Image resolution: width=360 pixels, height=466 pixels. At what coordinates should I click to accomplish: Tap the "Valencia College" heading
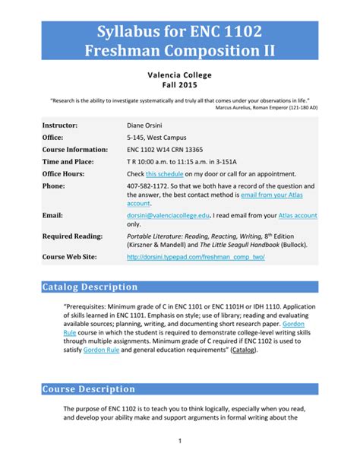click(179, 75)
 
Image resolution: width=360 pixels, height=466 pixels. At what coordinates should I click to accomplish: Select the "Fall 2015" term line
click(179, 86)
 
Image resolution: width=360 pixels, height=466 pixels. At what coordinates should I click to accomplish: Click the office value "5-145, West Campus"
click(156, 138)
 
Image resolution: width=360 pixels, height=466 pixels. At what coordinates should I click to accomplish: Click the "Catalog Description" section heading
click(90, 287)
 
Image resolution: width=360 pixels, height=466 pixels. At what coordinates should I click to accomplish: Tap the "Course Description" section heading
click(89, 389)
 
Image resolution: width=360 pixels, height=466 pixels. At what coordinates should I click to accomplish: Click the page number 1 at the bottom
click(179, 440)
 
